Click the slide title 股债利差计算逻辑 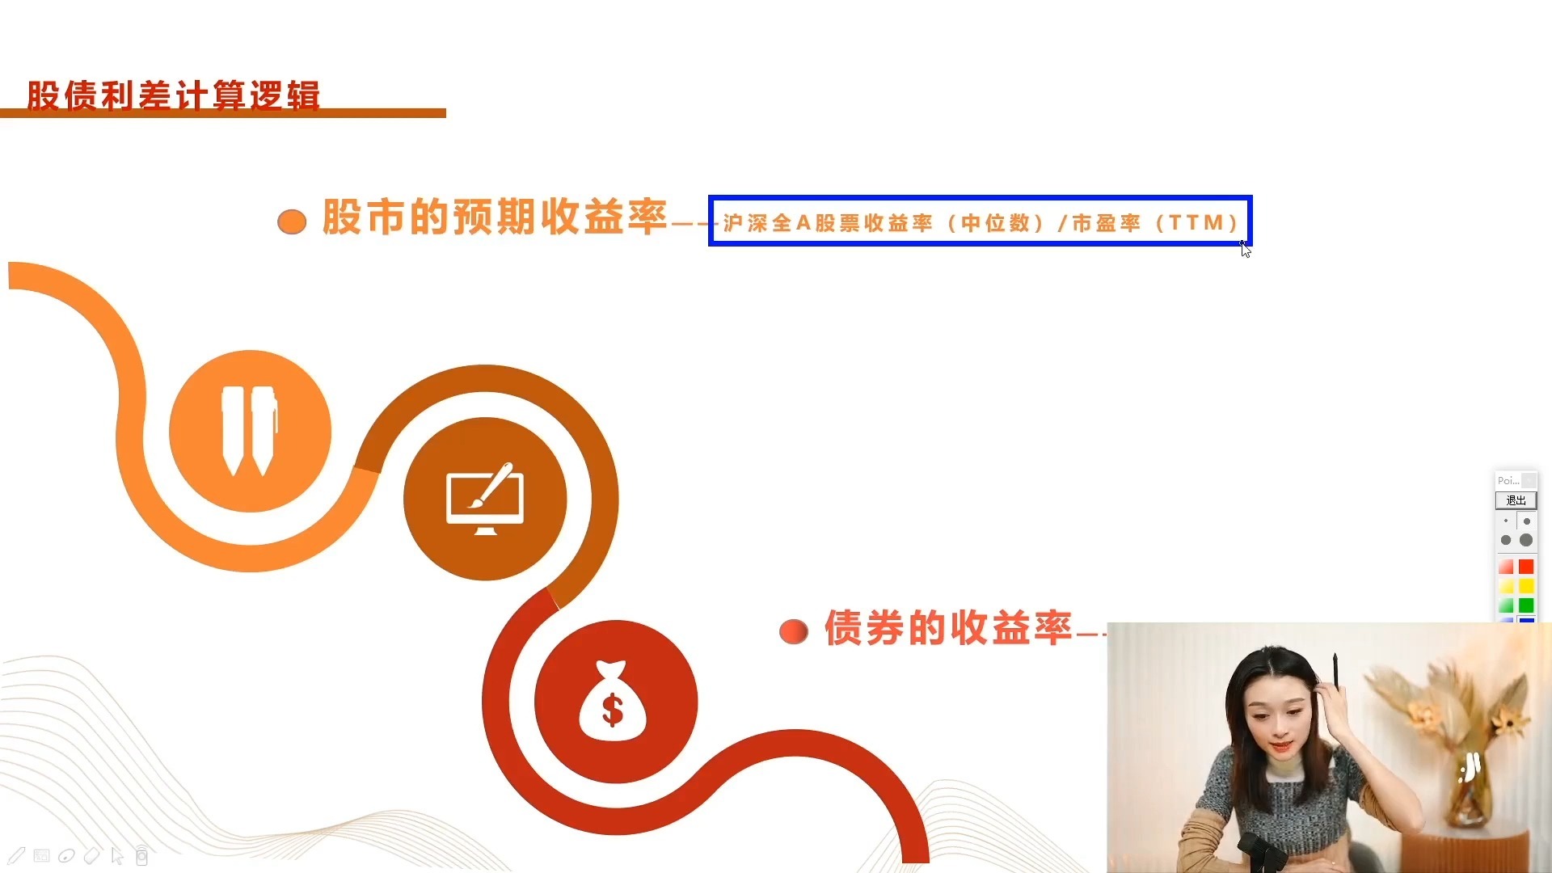tap(173, 95)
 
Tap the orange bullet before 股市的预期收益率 tap(292, 221)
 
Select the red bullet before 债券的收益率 tap(794, 631)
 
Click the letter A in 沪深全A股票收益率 tap(803, 222)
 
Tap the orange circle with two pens tap(250, 431)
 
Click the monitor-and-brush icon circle tap(485, 499)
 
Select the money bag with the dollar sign tap(613, 700)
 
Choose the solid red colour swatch tap(1526, 567)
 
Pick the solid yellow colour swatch tap(1526, 586)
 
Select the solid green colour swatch tap(1526, 605)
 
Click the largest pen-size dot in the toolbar tap(1526, 540)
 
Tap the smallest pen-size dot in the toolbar tap(1506, 521)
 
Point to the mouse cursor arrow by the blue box tap(1246, 249)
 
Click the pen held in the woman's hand tap(1335, 672)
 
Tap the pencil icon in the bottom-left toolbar tap(17, 855)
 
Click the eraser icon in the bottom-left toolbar tap(91, 855)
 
